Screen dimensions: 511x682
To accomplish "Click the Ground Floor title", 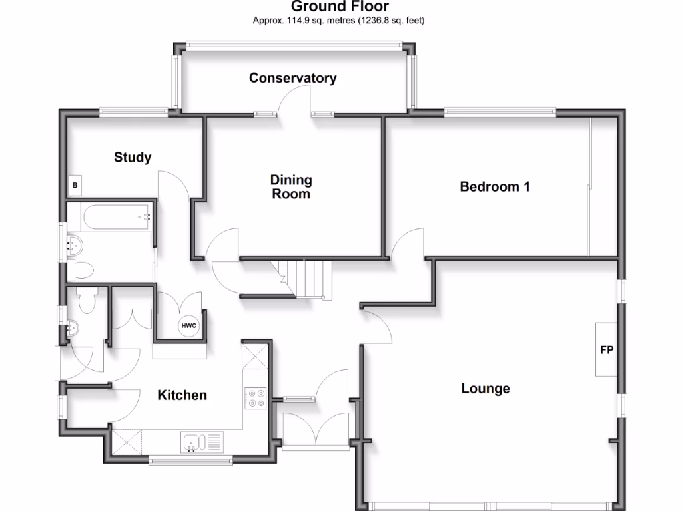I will point(340,7).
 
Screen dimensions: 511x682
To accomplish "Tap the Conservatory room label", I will point(292,78).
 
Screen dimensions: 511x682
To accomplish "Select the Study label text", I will point(133,158).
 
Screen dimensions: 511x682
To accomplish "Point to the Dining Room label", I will point(291,187).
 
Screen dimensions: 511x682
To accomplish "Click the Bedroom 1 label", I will point(495,187).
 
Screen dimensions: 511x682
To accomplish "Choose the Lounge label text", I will point(486,389).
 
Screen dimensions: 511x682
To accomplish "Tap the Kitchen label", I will point(182,395).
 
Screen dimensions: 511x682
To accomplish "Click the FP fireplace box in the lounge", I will point(607,350).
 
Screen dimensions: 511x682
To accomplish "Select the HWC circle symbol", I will point(188,326).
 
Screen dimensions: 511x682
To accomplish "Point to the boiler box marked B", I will point(75,186).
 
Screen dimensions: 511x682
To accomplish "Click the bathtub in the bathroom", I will point(117,216).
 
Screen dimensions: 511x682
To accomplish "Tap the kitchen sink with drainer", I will point(202,440).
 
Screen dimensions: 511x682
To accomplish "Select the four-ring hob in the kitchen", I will point(255,398).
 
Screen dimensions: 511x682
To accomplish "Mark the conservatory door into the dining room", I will point(293,103).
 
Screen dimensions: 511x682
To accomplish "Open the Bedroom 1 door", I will point(409,243).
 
